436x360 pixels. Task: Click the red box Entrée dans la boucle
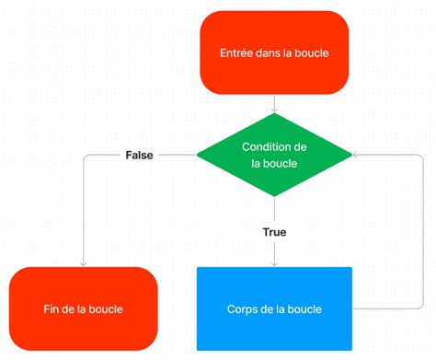(x=274, y=52)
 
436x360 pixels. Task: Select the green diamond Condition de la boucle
(x=274, y=155)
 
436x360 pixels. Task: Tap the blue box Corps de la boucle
(x=274, y=308)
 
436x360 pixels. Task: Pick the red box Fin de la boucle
(x=83, y=308)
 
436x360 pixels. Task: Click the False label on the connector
(x=139, y=155)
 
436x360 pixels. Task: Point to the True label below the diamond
(x=274, y=232)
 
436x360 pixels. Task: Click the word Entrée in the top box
(x=238, y=53)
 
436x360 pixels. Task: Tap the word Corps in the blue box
(x=244, y=309)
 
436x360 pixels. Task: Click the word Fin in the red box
(x=52, y=309)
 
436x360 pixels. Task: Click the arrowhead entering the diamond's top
(x=274, y=110)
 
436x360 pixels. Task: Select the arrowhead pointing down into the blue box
(x=274, y=263)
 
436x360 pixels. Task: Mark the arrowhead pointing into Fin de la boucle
(x=83, y=263)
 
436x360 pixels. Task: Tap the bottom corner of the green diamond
(x=274, y=196)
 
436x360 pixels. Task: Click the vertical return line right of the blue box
(x=422, y=230)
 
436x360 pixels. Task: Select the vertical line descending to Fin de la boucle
(x=83, y=212)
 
